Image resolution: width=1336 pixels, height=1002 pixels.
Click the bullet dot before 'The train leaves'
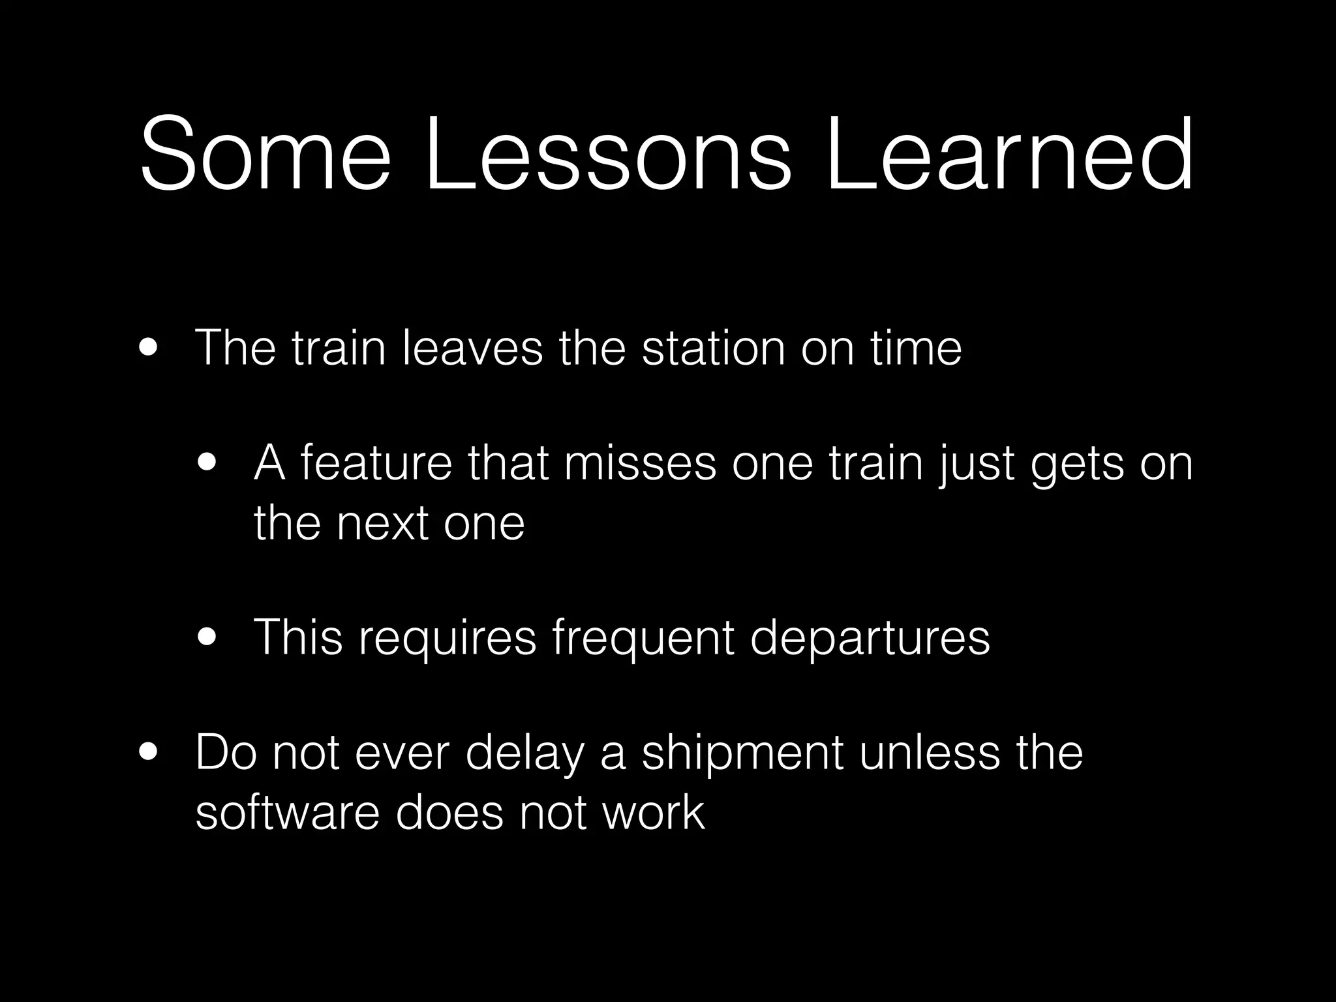[148, 348]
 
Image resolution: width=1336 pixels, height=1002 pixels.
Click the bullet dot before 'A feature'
[208, 463]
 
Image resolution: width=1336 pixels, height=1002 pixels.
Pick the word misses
[640, 463]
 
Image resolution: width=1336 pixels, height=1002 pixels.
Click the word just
[975, 464]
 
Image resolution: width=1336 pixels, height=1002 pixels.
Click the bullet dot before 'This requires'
[208, 637]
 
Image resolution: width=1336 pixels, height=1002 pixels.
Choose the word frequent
[643, 639]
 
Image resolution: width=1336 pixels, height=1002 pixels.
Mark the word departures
[870, 639]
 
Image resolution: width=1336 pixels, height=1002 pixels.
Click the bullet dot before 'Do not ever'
[148, 753]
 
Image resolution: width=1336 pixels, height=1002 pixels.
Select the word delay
[524, 754]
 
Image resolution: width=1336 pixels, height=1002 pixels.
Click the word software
[287, 813]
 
